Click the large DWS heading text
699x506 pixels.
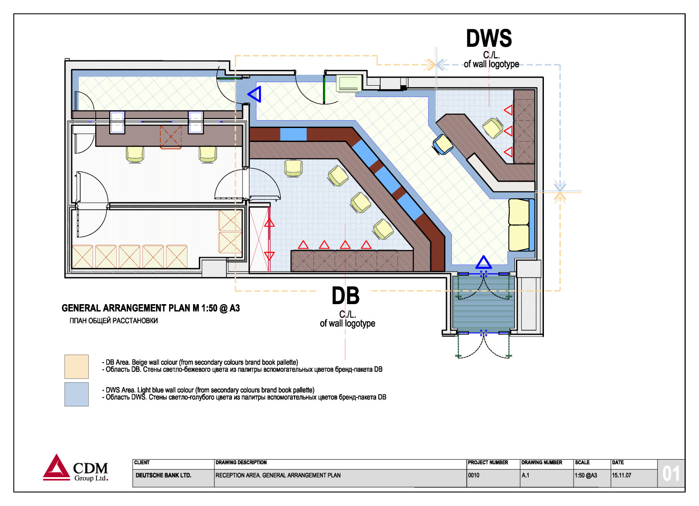[x=489, y=38]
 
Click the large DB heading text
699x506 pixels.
[x=346, y=295]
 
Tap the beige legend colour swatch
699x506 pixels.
[x=76, y=367]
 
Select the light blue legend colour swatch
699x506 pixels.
[x=76, y=394]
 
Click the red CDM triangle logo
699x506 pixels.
[x=56, y=467]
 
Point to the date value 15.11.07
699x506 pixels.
[x=621, y=475]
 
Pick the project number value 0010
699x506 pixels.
[x=474, y=475]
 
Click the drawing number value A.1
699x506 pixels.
[x=526, y=475]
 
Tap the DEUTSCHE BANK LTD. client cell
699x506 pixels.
[x=163, y=475]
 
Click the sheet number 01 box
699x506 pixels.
[x=671, y=474]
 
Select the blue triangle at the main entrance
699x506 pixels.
[x=483, y=262]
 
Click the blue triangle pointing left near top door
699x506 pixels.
[x=255, y=94]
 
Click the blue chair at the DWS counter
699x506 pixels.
[x=443, y=144]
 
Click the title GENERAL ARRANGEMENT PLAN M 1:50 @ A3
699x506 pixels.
[x=151, y=308]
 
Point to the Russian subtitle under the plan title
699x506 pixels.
[x=114, y=321]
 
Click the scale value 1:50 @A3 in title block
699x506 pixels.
[x=586, y=475]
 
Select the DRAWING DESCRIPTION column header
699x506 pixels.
[x=241, y=462]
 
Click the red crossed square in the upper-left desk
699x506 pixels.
[x=171, y=136]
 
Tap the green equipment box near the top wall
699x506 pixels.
[x=349, y=83]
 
